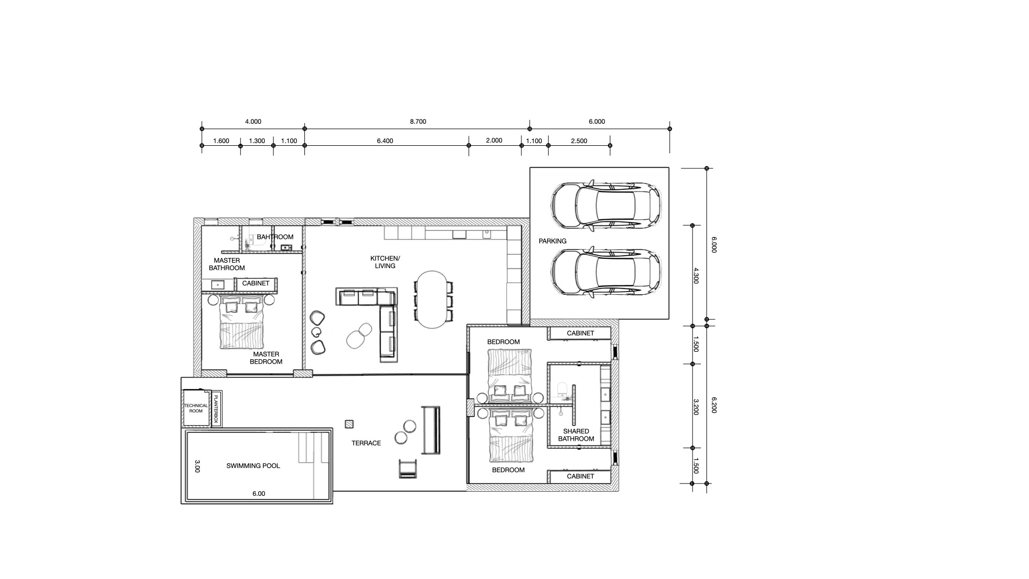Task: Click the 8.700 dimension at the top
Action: (417, 122)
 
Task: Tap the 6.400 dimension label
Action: (385, 141)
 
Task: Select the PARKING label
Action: (552, 241)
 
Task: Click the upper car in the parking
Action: (606, 206)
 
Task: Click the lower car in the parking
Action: (606, 272)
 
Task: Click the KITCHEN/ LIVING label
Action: (385, 262)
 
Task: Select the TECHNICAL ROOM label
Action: (196, 408)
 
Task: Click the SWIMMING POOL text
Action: (253, 466)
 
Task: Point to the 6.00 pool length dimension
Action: (258, 494)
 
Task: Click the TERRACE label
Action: (366, 443)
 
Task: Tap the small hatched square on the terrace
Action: (349, 424)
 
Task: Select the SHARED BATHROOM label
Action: (576, 435)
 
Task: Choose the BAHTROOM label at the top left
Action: (275, 237)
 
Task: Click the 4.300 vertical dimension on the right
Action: (696, 275)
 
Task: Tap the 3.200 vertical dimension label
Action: (696, 406)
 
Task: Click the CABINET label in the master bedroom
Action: (256, 284)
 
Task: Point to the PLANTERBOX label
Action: (216, 409)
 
